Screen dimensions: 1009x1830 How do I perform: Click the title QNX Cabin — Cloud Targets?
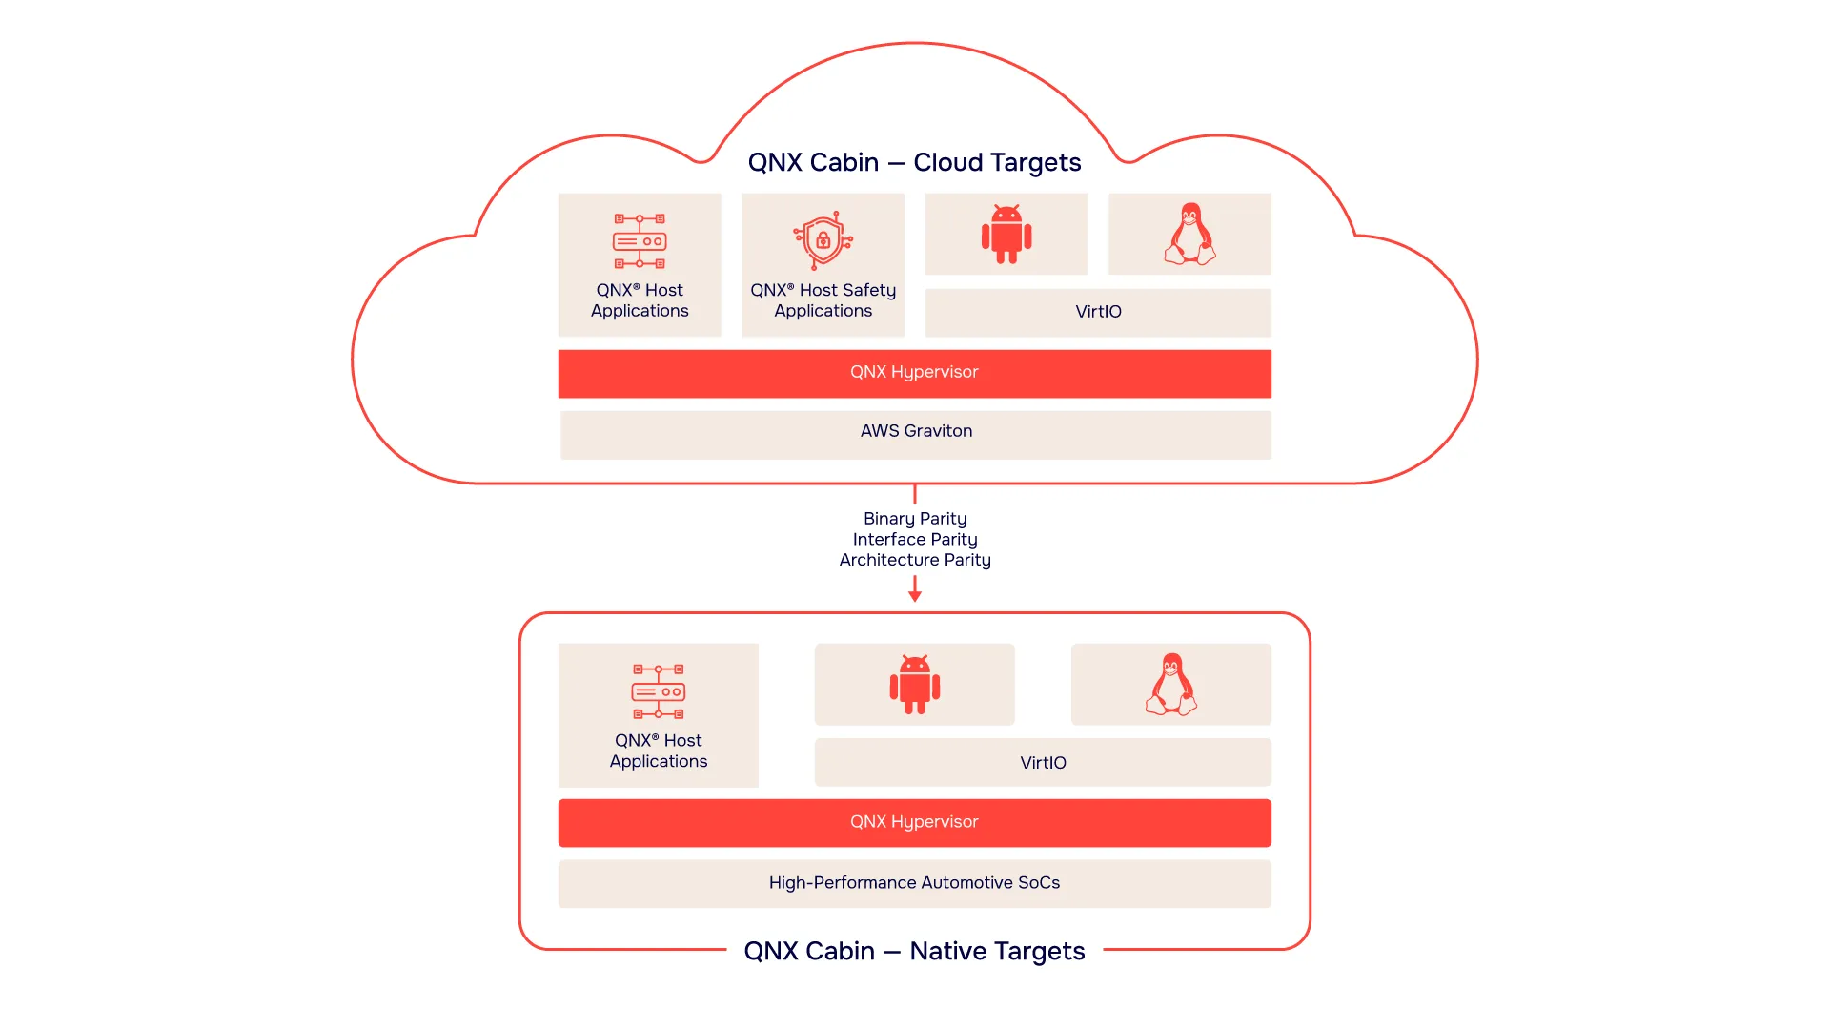[x=914, y=162]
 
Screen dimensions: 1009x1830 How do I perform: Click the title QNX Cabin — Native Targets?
[x=914, y=951]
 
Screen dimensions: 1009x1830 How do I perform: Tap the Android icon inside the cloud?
[x=1006, y=234]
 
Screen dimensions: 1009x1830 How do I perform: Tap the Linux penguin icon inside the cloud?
[x=1189, y=234]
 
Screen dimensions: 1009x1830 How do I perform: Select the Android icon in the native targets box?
[x=914, y=684]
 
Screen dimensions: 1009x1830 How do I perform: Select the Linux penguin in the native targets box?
[x=1171, y=684]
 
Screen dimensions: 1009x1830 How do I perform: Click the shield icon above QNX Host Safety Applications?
[x=823, y=240]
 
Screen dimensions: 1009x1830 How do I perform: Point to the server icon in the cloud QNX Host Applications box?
[x=640, y=240]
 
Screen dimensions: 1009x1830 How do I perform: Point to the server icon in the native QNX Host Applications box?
[x=659, y=691]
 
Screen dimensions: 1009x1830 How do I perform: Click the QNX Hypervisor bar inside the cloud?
[x=914, y=372]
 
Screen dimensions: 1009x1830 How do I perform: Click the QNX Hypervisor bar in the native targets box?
[x=914, y=822]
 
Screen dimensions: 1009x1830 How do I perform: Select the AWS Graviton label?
[x=916, y=431]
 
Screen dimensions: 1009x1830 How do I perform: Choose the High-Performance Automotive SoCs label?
[x=914, y=883]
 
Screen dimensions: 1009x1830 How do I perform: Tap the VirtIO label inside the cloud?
[x=1098, y=312]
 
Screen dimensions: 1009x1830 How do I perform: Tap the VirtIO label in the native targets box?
[x=1043, y=763]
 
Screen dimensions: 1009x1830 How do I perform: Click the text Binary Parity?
[x=914, y=519]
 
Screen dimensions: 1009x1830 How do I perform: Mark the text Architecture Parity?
[x=914, y=560]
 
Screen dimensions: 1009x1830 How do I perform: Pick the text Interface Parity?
[x=914, y=540]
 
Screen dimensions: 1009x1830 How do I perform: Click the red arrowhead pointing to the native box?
[x=915, y=596]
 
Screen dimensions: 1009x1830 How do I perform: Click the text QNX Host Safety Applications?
[x=823, y=300]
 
